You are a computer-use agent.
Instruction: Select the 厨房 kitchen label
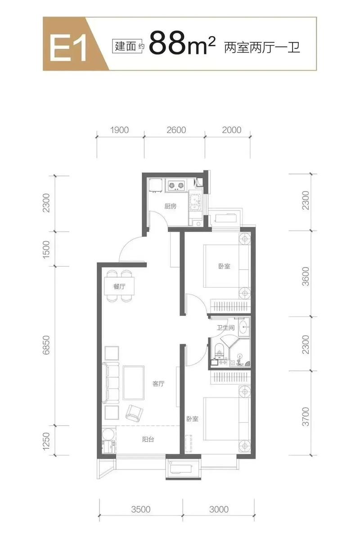click(170, 206)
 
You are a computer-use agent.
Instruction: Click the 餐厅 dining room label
click(119, 286)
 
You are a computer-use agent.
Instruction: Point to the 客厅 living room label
click(158, 384)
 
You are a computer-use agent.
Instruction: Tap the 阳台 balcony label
click(148, 439)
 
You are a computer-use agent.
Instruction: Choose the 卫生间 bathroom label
click(226, 328)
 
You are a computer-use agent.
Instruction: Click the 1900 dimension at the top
click(120, 130)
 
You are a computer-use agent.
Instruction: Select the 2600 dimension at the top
click(176, 130)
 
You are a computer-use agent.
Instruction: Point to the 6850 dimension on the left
click(46, 345)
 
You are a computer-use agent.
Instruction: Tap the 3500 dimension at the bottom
click(141, 509)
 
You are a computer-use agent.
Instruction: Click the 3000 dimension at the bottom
click(219, 509)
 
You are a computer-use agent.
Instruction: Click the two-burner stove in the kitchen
click(175, 185)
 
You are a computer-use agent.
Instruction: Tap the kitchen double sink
click(196, 202)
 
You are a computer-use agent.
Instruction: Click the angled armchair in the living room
click(134, 412)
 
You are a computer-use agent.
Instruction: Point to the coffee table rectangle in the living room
click(134, 383)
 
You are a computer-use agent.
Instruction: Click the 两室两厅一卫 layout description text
click(262, 47)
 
